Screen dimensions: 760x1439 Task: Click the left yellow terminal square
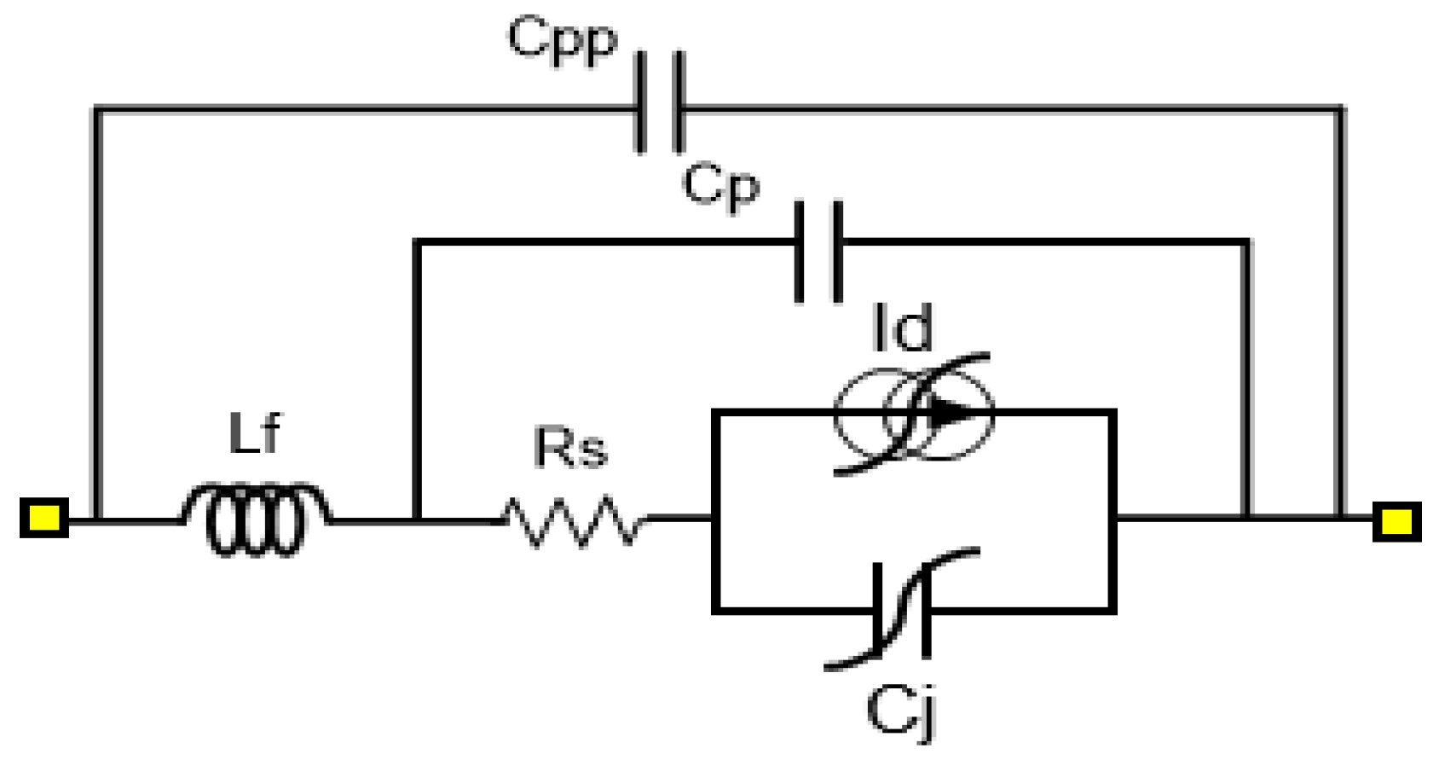point(43,518)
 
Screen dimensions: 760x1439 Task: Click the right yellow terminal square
point(1396,521)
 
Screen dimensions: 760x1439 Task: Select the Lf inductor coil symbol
point(256,519)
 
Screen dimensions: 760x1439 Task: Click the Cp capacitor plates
point(818,252)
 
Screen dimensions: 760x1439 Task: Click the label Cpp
point(562,40)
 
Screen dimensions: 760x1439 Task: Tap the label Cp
point(720,185)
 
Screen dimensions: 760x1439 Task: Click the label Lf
point(254,433)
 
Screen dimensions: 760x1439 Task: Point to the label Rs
point(570,448)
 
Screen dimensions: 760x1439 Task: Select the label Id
point(903,328)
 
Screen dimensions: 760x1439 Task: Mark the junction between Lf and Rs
point(417,519)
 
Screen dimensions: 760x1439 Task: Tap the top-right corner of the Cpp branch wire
point(1340,109)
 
